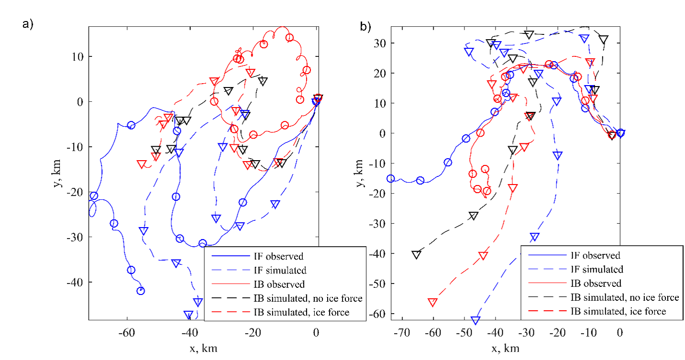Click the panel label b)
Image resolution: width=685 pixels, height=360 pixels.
click(x=365, y=27)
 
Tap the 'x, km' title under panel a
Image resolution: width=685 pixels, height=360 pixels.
click(x=202, y=348)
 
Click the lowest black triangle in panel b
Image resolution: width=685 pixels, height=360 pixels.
click(x=417, y=255)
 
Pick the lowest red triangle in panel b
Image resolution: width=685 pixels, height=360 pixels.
click(x=433, y=303)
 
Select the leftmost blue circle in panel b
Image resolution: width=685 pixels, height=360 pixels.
click(x=390, y=179)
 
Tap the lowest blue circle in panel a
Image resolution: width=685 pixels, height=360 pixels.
click(x=141, y=291)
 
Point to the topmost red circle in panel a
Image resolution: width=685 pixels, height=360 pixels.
click(x=289, y=38)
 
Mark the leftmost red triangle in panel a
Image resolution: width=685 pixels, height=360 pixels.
click(x=142, y=164)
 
